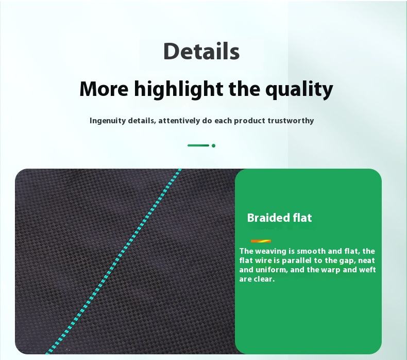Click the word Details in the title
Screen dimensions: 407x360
[201, 51]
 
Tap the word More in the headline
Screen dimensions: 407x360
[104, 89]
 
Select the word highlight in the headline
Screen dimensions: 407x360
[179, 90]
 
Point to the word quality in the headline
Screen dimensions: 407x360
[299, 90]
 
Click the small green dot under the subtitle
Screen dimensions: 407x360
[213, 145]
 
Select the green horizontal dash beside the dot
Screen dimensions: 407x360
[198, 145]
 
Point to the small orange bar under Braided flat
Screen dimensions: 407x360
[261, 241]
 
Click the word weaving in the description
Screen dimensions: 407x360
[271, 252]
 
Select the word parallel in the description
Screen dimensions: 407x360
[297, 260]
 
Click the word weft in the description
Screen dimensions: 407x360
[367, 270]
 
